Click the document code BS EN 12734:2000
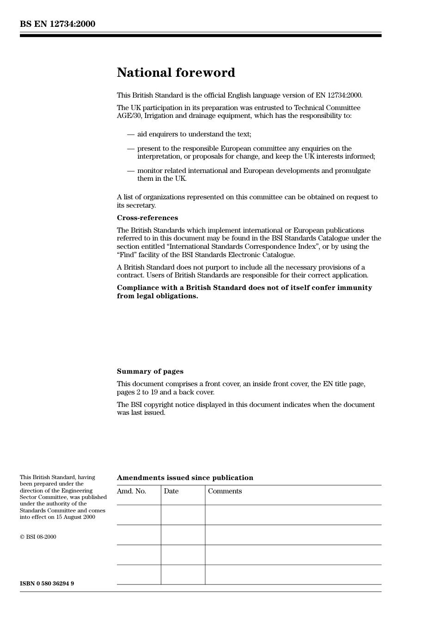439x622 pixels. [x=57, y=24]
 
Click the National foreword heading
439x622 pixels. [x=176, y=73]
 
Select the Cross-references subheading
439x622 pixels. [x=147, y=218]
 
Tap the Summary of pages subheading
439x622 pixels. [x=150, y=371]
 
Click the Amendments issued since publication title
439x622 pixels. [x=185, y=478]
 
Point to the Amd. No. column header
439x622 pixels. [x=131, y=491]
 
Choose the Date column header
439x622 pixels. [x=171, y=491]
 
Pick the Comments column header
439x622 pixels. [x=225, y=491]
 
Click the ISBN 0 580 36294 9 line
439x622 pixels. [x=47, y=584]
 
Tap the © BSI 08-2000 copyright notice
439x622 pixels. [x=38, y=537]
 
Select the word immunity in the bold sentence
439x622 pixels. [x=352, y=288]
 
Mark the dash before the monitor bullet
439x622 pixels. [x=131, y=171]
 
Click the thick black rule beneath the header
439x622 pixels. [x=201, y=35]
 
